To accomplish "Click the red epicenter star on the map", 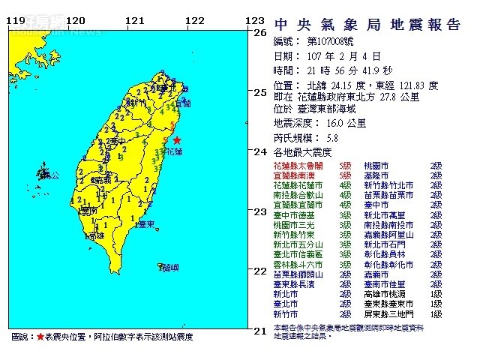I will point(177,140).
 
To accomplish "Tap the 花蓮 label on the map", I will point(173,151).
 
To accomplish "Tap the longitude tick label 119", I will point(16,21).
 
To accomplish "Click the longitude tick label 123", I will point(256,21).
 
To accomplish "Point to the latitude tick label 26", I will point(261,34).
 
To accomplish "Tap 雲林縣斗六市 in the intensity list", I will point(297,265).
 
